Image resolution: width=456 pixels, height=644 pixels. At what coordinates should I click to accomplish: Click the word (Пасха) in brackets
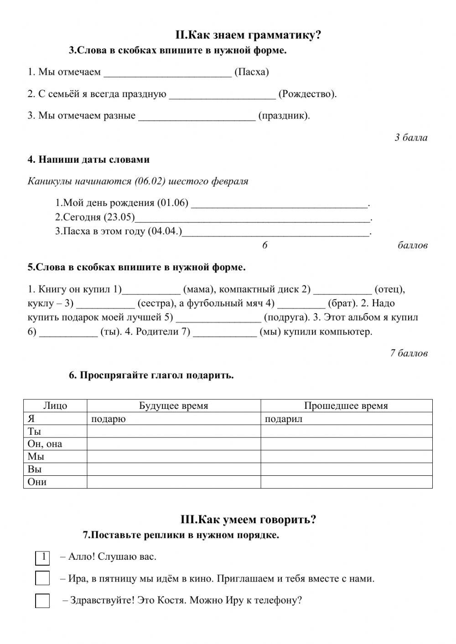[x=251, y=72]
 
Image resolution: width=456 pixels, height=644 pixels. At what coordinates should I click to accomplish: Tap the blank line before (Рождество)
[x=222, y=95]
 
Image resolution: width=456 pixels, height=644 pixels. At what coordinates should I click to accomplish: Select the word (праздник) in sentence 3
[x=284, y=115]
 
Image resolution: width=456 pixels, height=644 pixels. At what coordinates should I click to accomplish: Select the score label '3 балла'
[x=411, y=138]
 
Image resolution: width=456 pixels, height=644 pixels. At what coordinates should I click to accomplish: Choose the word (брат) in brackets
[x=342, y=303]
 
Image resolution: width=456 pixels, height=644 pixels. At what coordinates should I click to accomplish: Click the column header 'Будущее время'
[x=173, y=406]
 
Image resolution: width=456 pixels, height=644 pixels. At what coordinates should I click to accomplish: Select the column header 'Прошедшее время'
[x=346, y=406]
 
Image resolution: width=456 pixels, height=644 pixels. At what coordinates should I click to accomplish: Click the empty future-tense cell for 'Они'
[x=173, y=482]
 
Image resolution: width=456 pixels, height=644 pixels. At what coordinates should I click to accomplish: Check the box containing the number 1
[x=42, y=557]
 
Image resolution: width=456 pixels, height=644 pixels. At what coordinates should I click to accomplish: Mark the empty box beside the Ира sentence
[x=42, y=578]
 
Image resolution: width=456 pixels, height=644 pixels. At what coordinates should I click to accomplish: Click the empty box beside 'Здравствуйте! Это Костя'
[x=42, y=601]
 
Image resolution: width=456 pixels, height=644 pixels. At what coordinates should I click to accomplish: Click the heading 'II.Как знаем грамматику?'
[x=248, y=35]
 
